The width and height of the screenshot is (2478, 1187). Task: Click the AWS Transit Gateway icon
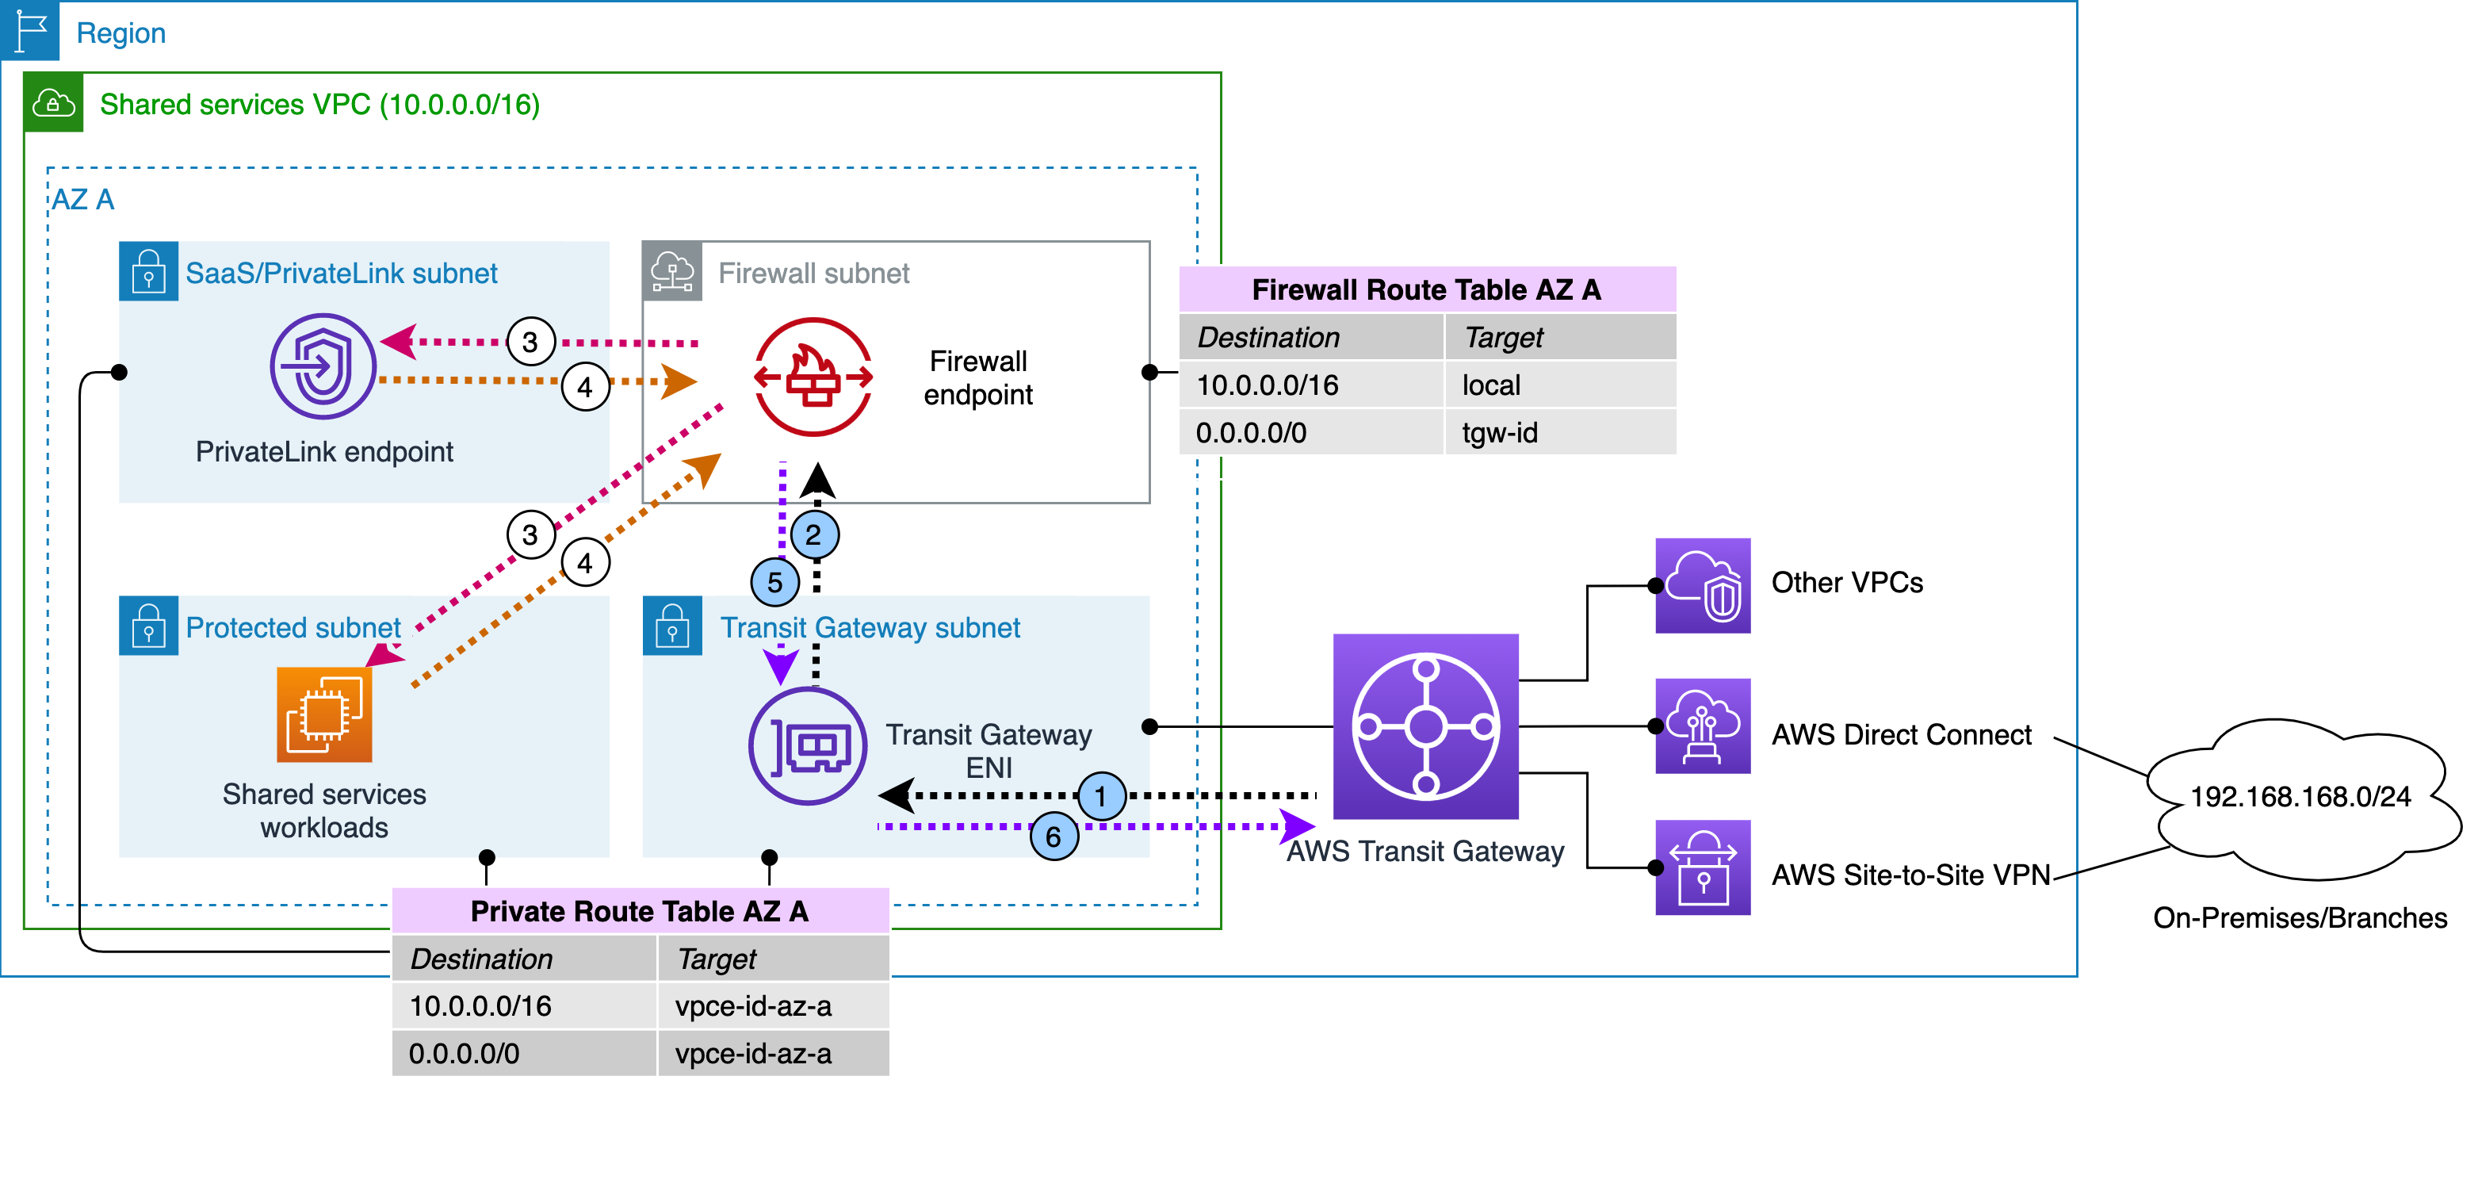[1424, 726]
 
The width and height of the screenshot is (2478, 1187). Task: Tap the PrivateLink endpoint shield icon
[323, 366]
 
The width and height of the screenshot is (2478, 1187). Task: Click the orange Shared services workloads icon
[324, 714]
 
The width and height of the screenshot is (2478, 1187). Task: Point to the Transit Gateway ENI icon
[808, 745]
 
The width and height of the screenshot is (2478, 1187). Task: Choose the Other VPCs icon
[1702, 585]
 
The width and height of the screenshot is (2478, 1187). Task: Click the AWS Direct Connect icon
[1702, 726]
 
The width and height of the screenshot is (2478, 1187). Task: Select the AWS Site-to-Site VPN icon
[1702, 867]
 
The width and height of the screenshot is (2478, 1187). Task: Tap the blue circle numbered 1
[1100, 795]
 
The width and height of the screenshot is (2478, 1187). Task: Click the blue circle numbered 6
[1054, 836]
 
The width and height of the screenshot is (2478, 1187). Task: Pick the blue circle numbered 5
[774, 582]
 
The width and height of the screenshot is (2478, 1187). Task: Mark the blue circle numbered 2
[814, 534]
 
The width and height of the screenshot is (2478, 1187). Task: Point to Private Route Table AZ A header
[640, 910]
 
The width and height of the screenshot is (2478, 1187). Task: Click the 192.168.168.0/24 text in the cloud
[2299, 796]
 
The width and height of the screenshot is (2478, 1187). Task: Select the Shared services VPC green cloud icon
[53, 102]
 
